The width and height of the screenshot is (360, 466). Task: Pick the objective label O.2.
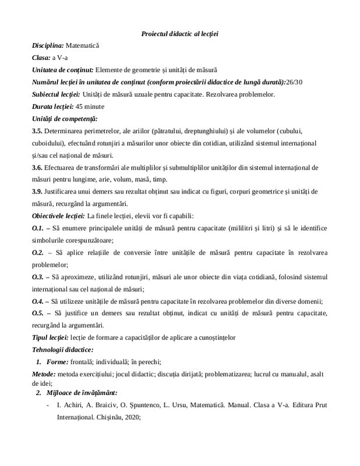point(38,252)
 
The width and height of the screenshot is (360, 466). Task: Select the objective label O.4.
point(38,301)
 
